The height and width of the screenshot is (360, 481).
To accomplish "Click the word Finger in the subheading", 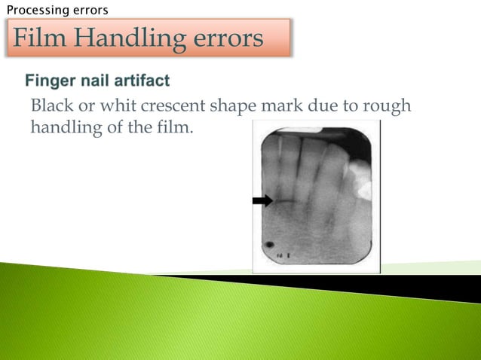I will point(49,80).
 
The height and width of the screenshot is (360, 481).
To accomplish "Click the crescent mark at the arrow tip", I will point(283,202).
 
